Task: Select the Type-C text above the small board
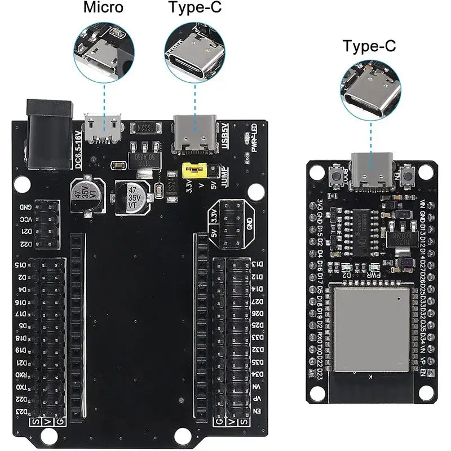coord(369,46)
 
